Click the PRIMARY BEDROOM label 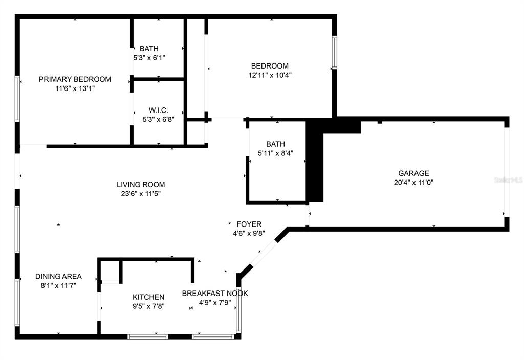75,79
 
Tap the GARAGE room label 413,173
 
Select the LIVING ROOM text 141,184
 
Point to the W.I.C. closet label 159,110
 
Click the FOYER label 249,224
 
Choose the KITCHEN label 148,297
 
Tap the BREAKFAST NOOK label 215,293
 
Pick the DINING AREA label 58,276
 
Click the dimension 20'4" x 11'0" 413,183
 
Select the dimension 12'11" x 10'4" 270,75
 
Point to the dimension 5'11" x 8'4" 276,153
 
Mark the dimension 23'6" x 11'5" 141,194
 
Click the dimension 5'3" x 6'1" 149,58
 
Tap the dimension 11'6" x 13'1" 75,88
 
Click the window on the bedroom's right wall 334,53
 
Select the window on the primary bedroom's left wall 17,99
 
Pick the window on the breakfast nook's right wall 238,309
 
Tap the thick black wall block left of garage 315,160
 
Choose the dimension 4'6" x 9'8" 249,233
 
